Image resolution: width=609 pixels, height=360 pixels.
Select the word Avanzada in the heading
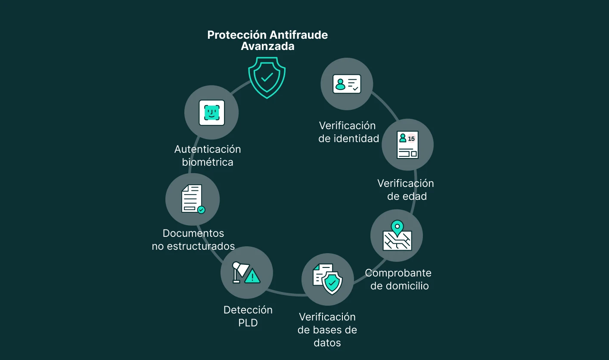point(267,47)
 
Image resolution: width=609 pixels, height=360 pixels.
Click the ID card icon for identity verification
point(347,84)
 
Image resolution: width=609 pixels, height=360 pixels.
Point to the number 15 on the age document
point(411,139)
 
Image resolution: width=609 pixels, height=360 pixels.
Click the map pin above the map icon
point(397,227)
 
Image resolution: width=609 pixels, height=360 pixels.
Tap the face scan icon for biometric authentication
point(211,113)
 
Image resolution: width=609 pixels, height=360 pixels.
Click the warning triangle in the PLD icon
point(252,276)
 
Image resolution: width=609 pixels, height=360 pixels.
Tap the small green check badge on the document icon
point(201,210)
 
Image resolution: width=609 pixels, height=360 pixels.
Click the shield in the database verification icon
point(332,282)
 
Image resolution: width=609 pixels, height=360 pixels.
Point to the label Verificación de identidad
point(348,132)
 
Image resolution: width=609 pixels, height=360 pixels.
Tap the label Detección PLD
point(248,316)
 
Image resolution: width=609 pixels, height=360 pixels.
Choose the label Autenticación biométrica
point(208,155)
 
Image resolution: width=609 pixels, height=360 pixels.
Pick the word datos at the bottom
point(327,343)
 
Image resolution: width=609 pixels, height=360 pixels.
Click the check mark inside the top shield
point(267,77)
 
